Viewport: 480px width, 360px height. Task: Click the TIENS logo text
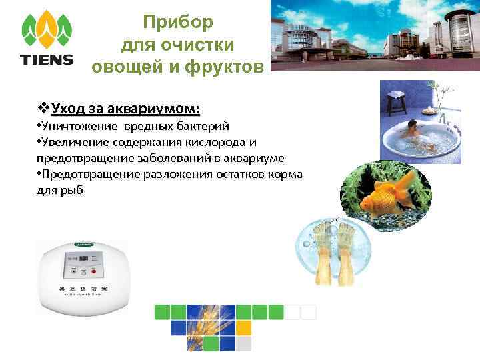(47, 59)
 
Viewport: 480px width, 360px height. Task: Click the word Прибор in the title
(178, 22)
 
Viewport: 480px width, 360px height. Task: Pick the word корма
(287, 174)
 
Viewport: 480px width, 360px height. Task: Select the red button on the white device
(93, 271)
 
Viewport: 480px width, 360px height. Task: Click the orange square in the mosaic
(244, 327)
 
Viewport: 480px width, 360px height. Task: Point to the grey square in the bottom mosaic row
(244, 343)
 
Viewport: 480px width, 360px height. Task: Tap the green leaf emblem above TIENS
(47, 29)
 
